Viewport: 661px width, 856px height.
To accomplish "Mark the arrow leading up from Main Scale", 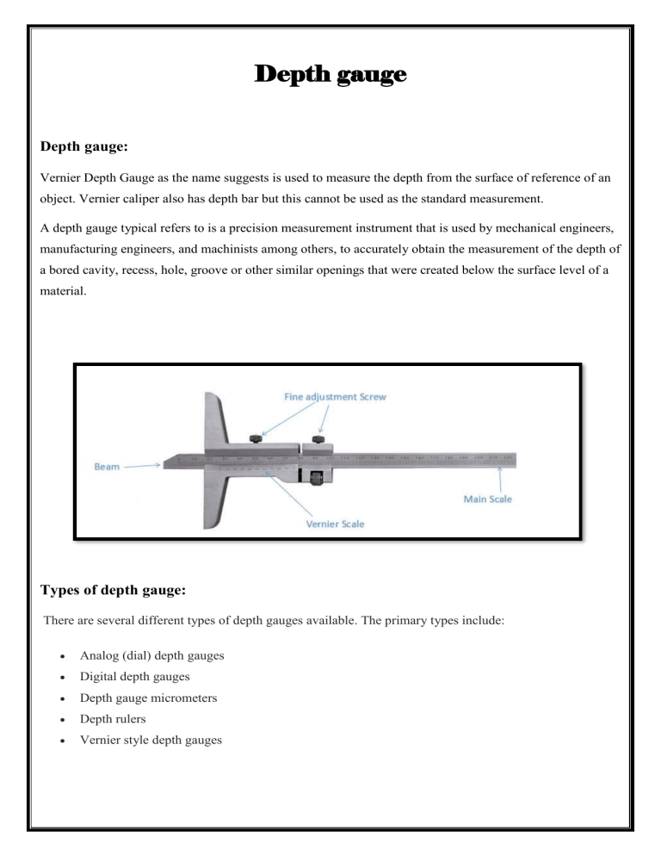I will pos(500,478).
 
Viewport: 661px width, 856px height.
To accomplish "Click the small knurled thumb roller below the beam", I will pos(314,475).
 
